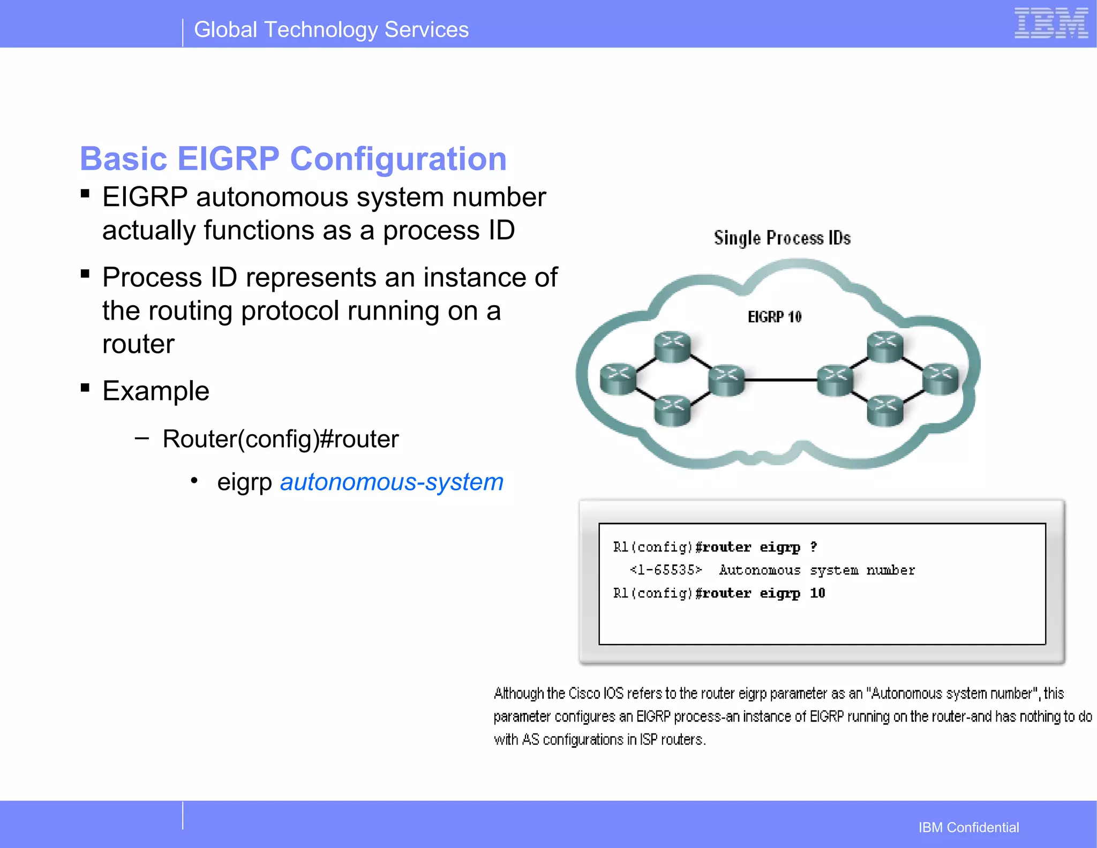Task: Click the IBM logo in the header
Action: tap(1050, 24)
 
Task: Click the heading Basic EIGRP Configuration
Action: tap(293, 159)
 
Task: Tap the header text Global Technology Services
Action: tap(331, 30)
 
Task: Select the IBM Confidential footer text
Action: tap(968, 827)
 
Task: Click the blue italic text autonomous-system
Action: tap(392, 482)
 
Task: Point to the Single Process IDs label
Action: tap(782, 238)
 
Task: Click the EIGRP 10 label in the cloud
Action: tap(775, 317)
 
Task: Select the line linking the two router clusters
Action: tap(781, 380)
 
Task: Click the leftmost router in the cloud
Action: tap(618, 379)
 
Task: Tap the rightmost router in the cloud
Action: tap(941, 378)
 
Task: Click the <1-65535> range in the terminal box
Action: tap(666, 570)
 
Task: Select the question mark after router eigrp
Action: tap(814, 547)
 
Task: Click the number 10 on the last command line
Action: tap(817, 593)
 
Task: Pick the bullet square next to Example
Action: tap(85, 387)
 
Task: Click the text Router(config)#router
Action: tap(281, 439)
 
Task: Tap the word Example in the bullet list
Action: tap(156, 391)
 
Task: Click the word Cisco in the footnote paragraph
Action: tap(584, 693)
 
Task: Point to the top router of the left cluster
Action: tap(673, 346)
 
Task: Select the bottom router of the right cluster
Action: tap(885, 410)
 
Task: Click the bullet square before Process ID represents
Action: tap(85, 274)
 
